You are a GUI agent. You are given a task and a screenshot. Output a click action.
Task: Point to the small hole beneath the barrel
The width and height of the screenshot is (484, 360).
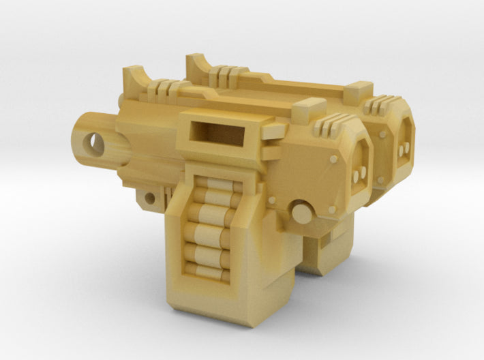pyautogui.click(x=147, y=199)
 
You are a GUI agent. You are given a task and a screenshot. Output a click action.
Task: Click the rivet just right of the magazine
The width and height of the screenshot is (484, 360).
pyautogui.click(x=271, y=200)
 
